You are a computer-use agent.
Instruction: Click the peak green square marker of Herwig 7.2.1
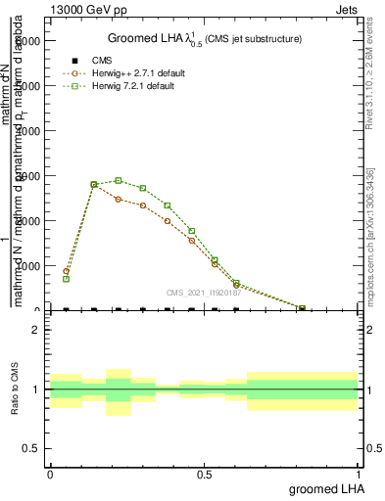(x=119, y=180)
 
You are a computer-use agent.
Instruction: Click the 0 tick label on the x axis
(x=50, y=474)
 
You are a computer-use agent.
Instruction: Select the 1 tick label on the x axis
(x=359, y=474)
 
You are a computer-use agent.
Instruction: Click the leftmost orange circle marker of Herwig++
(x=66, y=271)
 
